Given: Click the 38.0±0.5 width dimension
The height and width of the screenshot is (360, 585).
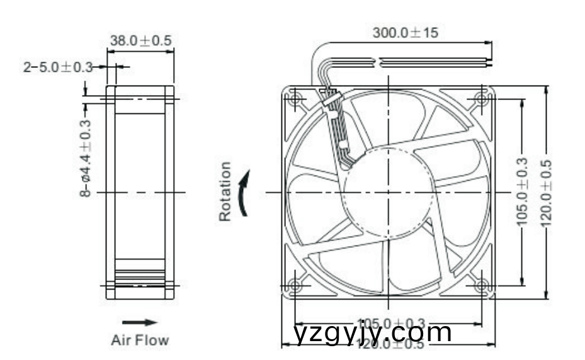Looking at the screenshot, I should point(140,41).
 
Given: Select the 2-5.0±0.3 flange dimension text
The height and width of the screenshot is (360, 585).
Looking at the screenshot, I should point(58,67).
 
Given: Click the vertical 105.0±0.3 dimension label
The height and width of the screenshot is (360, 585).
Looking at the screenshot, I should point(521,191).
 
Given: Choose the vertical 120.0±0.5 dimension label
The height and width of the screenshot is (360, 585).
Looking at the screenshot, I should point(546,192).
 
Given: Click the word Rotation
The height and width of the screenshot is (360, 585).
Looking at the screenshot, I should point(225,191).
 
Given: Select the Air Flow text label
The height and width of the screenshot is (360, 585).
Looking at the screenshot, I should point(140,340).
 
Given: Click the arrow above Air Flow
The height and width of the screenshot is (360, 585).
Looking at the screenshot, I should point(139,322).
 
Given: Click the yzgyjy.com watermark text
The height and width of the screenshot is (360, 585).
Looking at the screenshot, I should point(373,332).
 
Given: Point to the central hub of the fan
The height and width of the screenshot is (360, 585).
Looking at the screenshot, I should point(388,191).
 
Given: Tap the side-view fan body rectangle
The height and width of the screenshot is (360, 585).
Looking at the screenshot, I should point(140,192).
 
